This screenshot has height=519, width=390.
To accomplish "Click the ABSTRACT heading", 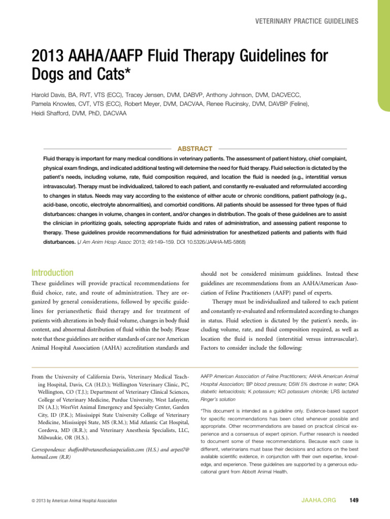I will click(194, 149).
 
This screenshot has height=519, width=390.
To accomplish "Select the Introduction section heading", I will click(52, 273).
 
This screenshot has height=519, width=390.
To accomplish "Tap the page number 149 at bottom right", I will click(354, 501).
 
